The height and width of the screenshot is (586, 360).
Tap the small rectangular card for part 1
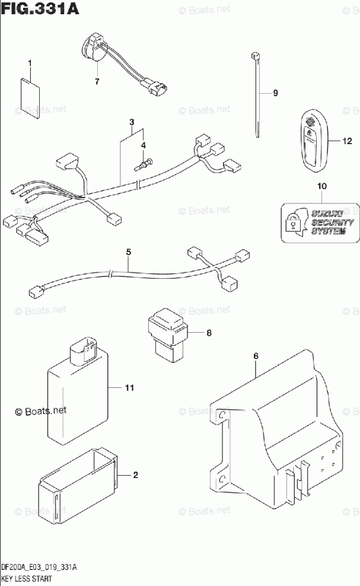tap(29, 93)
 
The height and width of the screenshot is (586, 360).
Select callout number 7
tap(97, 81)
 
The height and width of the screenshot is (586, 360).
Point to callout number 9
tap(275, 93)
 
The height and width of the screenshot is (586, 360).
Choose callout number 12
tap(347, 141)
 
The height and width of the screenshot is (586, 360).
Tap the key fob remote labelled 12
tap(310, 141)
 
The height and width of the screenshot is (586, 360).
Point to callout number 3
tap(131, 122)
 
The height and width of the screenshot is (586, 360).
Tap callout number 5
tap(128, 252)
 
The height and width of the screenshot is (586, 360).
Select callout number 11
tap(130, 388)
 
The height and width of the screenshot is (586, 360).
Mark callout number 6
tap(256, 356)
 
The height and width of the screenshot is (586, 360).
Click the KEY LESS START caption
tap(26, 578)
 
